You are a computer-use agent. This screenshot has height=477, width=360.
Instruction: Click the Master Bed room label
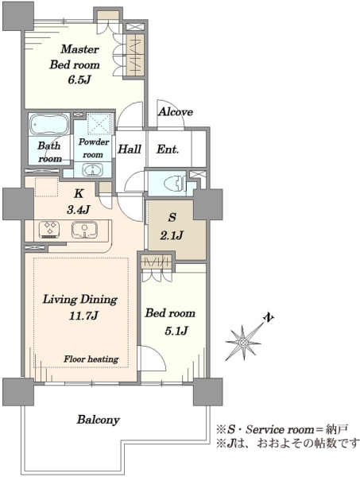click(x=75, y=57)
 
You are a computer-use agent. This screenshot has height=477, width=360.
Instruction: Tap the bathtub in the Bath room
click(x=49, y=124)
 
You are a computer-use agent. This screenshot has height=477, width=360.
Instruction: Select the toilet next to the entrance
click(x=172, y=183)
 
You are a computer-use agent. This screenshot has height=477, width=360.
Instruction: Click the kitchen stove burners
click(x=49, y=230)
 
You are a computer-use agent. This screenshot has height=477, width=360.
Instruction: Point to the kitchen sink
click(x=84, y=230)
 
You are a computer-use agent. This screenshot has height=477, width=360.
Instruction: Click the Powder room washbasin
click(x=92, y=170)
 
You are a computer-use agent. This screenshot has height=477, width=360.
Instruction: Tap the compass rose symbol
click(x=244, y=342)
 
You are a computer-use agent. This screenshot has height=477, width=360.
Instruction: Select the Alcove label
click(x=176, y=111)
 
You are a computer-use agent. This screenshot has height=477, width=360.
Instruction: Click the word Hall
click(x=130, y=149)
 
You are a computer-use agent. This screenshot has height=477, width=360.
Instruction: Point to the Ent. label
click(x=168, y=149)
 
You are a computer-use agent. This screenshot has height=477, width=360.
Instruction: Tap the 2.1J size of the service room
click(x=172, y=235)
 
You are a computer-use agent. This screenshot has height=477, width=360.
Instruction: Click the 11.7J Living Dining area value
click(x=83, y=316)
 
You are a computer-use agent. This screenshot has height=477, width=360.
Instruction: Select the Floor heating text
click(x=91, y=359)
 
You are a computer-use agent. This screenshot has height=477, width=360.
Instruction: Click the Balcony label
click(x=99, y=420)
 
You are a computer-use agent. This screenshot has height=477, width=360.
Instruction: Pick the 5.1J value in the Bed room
click(x=176, y=331)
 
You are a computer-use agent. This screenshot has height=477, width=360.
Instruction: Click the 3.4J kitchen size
click(x=79, y=209)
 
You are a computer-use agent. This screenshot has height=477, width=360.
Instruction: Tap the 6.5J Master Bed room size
click(x=79, y=79)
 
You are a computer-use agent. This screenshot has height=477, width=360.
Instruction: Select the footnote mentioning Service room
click(x=282, y=429)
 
